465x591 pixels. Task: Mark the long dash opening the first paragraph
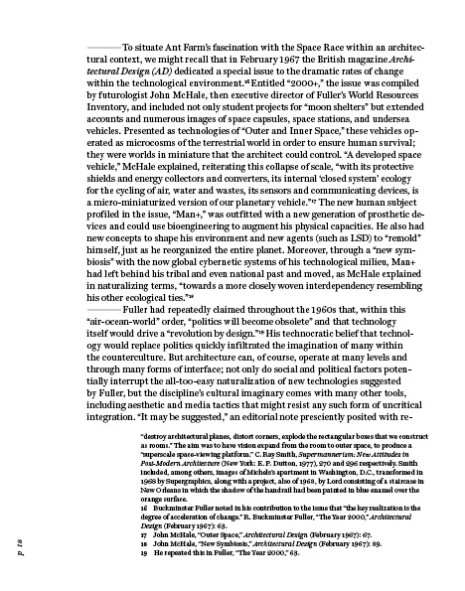click(x=103, y=46)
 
